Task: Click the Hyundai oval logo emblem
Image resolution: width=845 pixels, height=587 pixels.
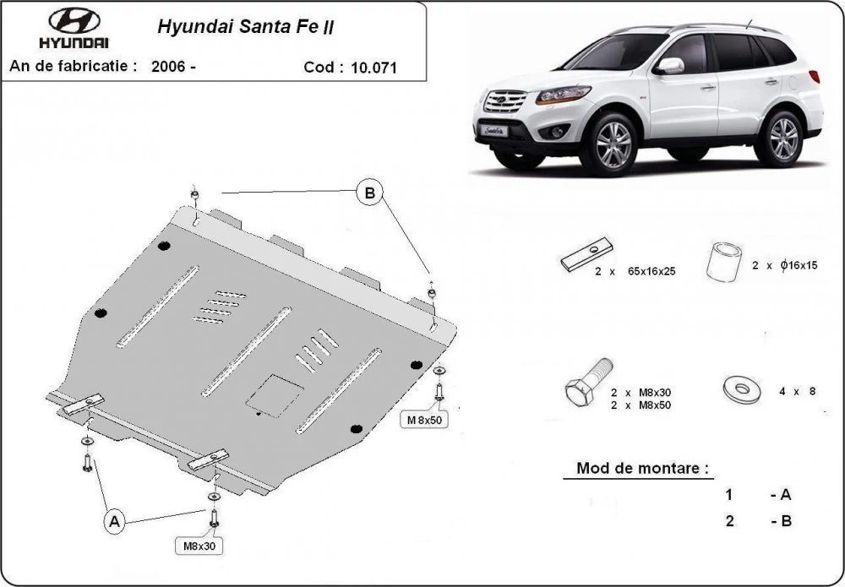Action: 74,21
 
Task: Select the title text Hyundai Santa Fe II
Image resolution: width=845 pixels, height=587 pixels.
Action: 245,27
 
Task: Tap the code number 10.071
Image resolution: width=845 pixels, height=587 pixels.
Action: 373,68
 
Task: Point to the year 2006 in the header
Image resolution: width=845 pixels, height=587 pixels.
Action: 168,67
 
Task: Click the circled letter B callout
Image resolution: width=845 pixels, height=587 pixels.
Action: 370,193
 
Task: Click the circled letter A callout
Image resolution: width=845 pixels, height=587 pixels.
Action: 114,521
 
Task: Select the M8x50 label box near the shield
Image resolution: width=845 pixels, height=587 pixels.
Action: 424,420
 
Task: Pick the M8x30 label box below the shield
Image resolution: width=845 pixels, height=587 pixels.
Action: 199,546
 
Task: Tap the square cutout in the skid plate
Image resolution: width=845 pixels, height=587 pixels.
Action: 275,396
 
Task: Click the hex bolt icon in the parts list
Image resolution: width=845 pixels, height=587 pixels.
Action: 588,382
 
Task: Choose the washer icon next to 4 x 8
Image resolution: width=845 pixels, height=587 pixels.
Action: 742,389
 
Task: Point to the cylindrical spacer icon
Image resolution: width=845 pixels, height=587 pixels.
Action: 724,262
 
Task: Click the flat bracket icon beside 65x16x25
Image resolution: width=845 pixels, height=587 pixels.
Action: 587,254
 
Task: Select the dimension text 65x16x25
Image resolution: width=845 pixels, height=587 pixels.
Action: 651,271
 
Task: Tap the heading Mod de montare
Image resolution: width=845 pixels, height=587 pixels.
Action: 642,467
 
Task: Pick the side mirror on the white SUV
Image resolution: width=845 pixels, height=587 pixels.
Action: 668,66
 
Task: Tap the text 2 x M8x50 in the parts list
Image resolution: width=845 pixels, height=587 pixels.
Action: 641,405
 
